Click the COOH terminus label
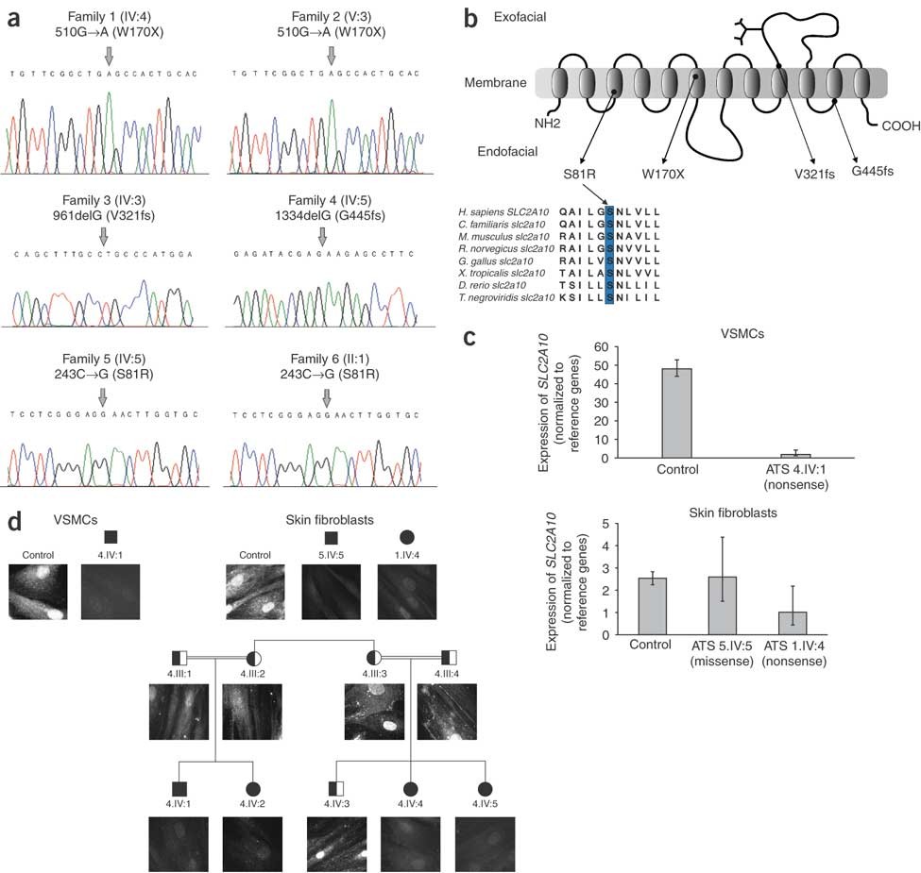(901, 124)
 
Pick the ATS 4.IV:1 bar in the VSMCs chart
(795, 455)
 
